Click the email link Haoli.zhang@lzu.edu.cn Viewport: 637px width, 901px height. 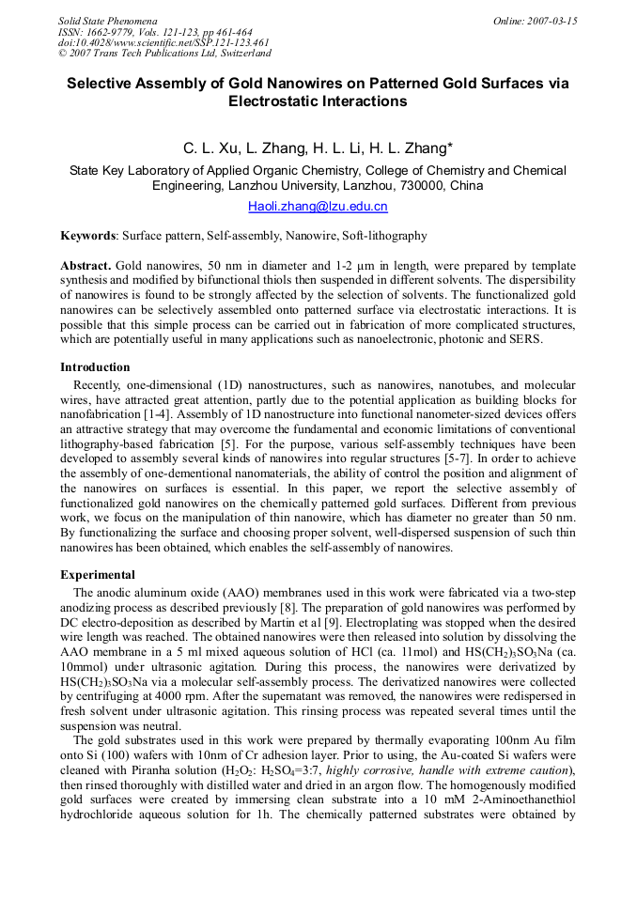[318, 207]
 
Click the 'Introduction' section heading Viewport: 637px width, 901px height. [95, 367]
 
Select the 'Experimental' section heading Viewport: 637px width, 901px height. [98, 575]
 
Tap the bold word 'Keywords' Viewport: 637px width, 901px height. [88, 236]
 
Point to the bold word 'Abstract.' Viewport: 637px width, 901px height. [86, 266]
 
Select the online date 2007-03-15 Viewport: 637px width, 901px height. [552, 21]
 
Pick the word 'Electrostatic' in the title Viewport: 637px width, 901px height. [275, 101]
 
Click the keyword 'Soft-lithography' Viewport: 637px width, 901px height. [384, 236]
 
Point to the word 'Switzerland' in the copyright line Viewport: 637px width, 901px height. [243, 54]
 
